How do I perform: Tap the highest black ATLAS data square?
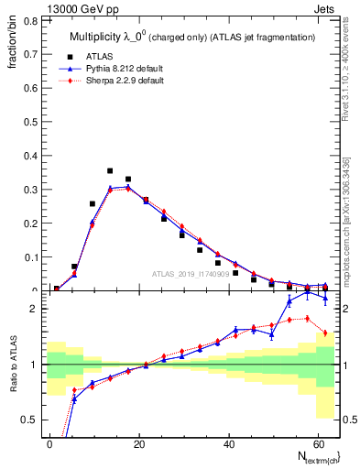[110, 171]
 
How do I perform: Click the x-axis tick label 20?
[139, 443]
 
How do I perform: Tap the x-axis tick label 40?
[227, 443]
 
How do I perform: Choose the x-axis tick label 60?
[316, 443]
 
